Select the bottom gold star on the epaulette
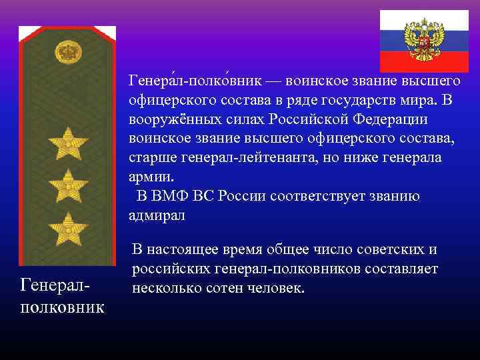67,227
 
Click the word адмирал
157,216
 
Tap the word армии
150,177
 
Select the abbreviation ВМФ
171,197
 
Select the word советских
387,250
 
